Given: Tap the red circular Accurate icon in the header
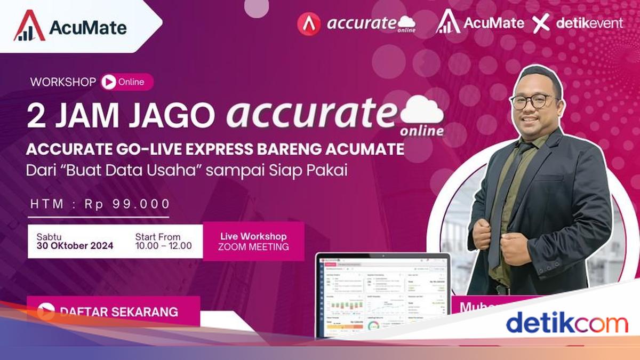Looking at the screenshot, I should click(x=309, y=24).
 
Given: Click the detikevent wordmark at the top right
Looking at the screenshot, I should click(x=589, y=23).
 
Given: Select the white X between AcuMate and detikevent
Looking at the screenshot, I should click(x=541, y=24).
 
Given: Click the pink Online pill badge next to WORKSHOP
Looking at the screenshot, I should click(x=126, y=82).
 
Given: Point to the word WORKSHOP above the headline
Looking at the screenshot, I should click(x=63, y=82).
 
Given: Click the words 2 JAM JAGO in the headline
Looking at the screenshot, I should click(x=121, y=116).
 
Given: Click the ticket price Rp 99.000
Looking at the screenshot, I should click(x=127, y=204).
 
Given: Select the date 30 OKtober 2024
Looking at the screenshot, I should click(x=75, y=246).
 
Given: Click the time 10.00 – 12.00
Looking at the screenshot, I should click(x=163, y=246).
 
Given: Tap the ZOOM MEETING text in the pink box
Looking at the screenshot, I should click(x=253, y=247).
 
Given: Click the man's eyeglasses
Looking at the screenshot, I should click(x=533, y=101).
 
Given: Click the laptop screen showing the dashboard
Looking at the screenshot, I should click(x=382, y=296).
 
